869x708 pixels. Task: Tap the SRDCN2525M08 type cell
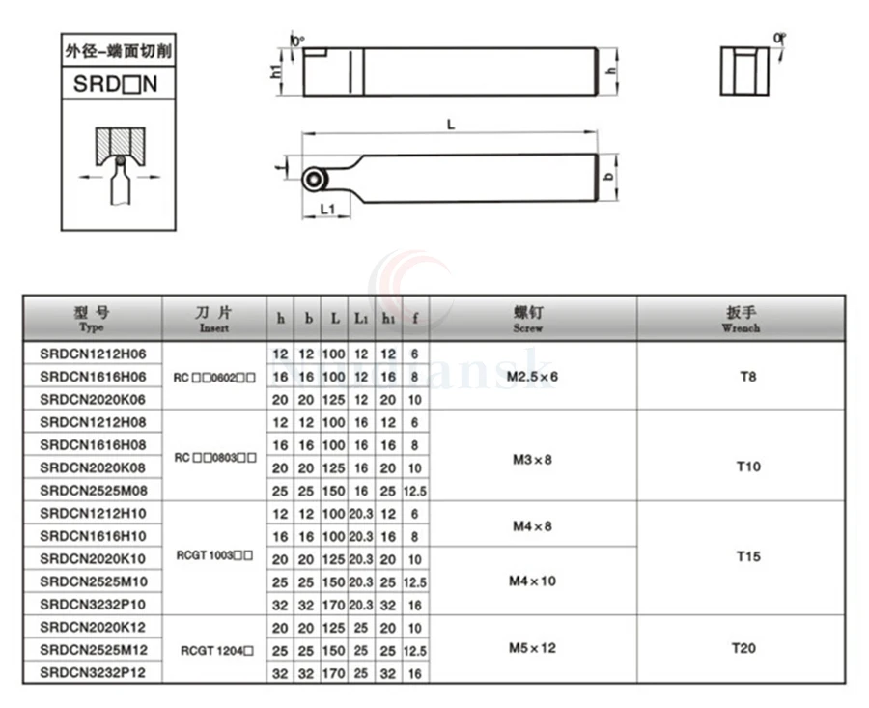[x=94, y=490]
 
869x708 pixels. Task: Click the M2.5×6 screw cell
[x=532, y=375]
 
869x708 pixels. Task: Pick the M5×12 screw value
[x=532, y=648]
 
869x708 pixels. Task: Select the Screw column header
[x=532, y=319]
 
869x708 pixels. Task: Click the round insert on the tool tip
[x=312, y=180]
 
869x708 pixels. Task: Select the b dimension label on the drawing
[x=608, y=179]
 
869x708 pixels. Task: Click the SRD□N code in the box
[x=115, y=84]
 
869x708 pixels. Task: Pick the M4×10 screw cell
[x=532, y=581]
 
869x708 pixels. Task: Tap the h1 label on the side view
[x=277, y=70]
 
